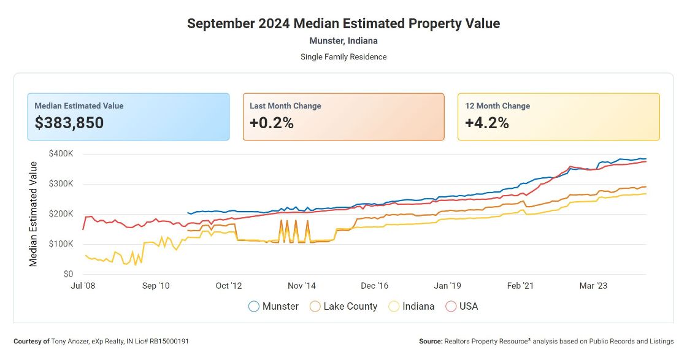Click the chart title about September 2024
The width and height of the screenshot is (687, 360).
(x=343, y=24)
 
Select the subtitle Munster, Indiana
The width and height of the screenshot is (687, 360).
(x=343, y=41)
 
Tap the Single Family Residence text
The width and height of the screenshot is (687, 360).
(x=343, y=57)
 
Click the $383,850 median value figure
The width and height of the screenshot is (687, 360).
(x=69, y=123)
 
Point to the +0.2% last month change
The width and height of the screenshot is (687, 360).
(x=272, y=123)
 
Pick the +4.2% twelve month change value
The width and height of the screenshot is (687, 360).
(x=487, y=123)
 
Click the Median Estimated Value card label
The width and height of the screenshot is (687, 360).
(x=79, y=106)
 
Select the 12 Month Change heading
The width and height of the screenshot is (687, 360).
(x=497, y=106)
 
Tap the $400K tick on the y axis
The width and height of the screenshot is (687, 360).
(x=60, y=154)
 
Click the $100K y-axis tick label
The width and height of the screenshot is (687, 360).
(x=60, y=244)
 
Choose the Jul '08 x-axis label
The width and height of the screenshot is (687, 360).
(x=83, y=286)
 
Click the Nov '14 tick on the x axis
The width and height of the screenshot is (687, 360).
(x=302, y=286)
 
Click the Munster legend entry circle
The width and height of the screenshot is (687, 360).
(x=254, y=306)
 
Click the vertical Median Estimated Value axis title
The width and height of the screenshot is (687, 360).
(x=34, y=214)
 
